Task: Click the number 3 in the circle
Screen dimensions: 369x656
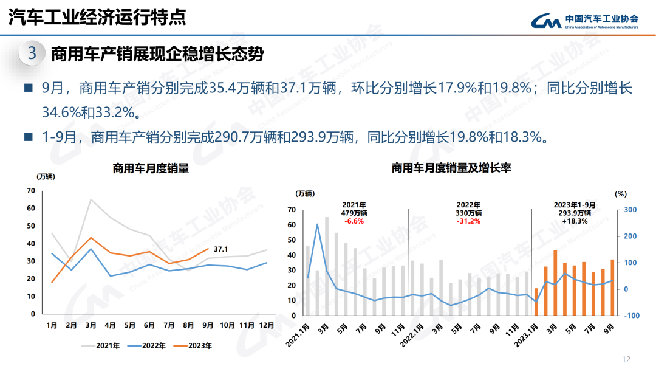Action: [x=32, y=53]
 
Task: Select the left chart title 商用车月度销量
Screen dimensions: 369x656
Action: [x=151, y=169]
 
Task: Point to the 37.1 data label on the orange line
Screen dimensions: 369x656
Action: [x=221, y=249]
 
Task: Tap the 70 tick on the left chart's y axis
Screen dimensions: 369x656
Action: [x=31, y=191]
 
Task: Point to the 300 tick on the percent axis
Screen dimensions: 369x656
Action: [x=630, y=210]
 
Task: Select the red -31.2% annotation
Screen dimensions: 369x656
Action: [x=468, y=221]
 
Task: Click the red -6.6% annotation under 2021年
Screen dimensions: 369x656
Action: [x=354, y=221]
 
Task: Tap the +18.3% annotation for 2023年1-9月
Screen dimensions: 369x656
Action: [x=575, y=221]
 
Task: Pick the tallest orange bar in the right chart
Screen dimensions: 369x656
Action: [x=555, y=283]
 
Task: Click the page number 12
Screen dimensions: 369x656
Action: [x=627, y=359]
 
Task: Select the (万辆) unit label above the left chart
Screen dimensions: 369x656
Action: [x=46, y=177]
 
